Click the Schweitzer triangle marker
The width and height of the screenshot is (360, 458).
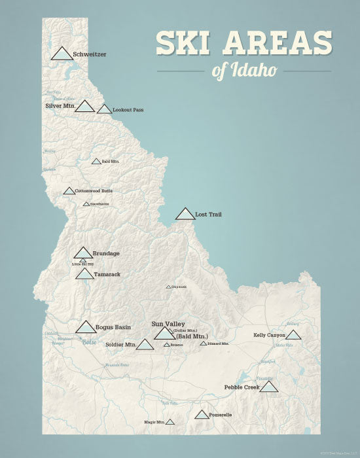(x=62, y=54)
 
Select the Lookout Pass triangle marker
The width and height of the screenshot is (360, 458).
(x=104, y=110)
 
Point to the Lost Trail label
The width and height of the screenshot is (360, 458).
(x=209, y=214)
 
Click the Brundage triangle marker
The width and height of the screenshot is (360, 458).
(x=83, y=253)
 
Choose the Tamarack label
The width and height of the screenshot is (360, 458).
(x=107, y=274)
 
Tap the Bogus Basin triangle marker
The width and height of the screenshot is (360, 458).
(x=86, y=327)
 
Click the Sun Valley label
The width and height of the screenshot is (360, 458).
(x=168, y=324)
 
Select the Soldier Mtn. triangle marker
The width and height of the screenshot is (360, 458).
(x=145, y=345)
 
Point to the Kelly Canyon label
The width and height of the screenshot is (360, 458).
(x=269, y=335)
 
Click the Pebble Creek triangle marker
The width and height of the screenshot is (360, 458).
(x=269, y=387)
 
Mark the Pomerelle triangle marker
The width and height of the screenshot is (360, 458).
(x=202, y=414)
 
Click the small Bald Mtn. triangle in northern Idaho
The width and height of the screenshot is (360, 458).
(x=96, y=161)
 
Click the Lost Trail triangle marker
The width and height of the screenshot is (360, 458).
(x=185, y=214)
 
